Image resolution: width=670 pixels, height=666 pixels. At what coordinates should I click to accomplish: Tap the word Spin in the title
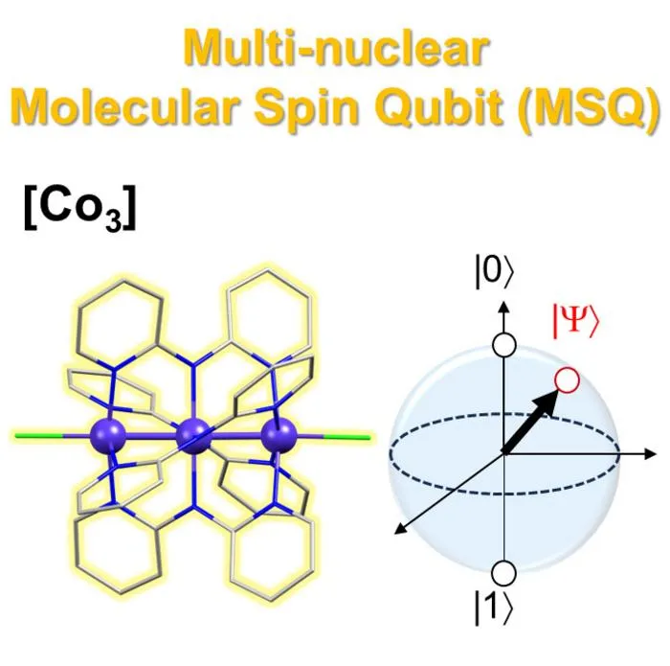(x=306, y=108)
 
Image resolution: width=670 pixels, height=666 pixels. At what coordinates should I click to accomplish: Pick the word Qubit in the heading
(x=440, y=106)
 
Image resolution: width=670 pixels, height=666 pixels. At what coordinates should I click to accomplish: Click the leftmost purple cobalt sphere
(x=108, y=436)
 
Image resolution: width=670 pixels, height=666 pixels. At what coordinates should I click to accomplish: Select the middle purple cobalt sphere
(x=193, y=436)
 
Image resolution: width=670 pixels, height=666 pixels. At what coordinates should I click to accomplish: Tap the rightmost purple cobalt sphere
(x=279, y=435)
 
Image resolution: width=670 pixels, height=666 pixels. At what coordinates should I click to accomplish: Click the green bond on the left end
(x=39, y=436)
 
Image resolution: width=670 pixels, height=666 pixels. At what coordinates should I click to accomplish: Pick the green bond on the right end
(x=346, y=437)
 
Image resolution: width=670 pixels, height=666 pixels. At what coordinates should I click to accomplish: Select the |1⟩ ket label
(x=493, y=609)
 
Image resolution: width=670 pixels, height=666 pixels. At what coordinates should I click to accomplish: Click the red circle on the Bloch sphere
(x=567, y=380)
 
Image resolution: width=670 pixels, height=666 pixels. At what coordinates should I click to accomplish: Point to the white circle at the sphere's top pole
(x=504, y=345)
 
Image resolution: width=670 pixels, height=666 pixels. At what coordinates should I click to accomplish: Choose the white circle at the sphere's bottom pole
(x=504, y=573)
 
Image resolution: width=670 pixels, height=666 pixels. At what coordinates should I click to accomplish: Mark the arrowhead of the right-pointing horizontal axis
(x=650, y=454)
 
